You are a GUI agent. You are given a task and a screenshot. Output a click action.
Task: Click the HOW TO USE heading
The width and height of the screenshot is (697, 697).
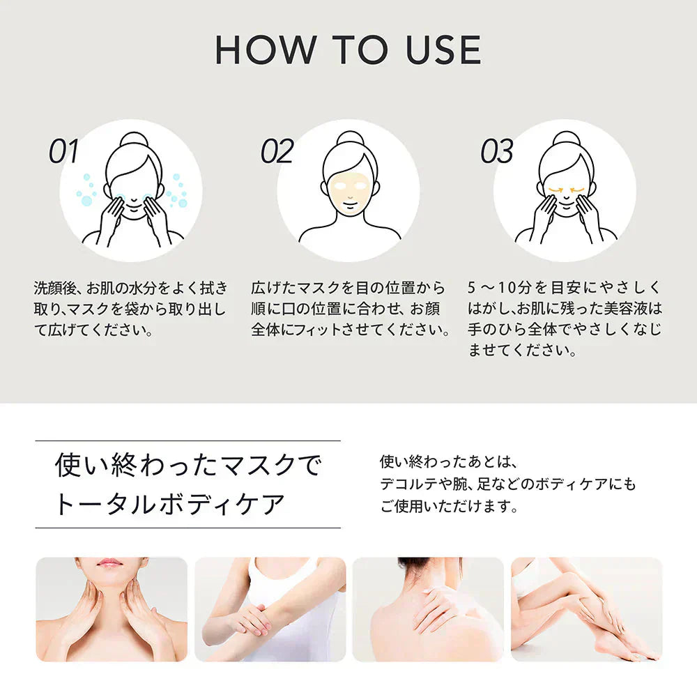[348, 50]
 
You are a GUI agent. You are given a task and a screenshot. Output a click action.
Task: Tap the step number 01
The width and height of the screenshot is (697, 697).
[64, 152]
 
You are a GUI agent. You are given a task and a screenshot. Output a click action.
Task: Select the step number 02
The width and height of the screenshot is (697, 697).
[277, 152]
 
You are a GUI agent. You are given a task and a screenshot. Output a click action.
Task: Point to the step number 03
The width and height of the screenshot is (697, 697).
[496, 152]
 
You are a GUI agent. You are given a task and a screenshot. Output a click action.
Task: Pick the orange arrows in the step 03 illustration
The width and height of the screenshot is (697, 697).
[565, 189]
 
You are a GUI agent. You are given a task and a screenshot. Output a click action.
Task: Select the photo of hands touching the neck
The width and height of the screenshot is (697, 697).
[112, 608]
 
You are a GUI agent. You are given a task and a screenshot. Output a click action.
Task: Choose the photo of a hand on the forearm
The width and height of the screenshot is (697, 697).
[270, 608]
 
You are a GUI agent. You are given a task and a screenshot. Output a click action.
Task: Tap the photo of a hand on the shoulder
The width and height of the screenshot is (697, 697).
[428, 608]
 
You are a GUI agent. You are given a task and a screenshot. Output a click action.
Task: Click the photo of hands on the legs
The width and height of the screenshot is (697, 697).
[586, 608]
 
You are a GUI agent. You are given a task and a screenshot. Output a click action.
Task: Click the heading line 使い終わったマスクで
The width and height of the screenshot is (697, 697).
[188, 466]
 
